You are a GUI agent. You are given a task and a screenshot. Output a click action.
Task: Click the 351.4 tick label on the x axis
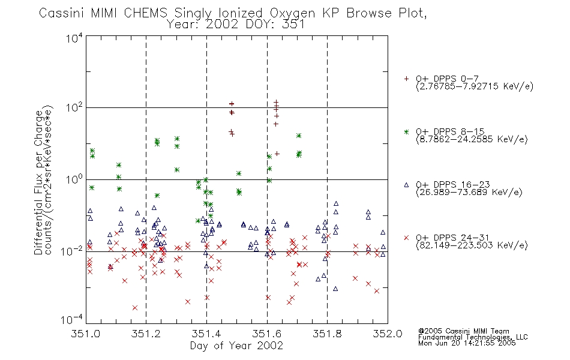[206, 334]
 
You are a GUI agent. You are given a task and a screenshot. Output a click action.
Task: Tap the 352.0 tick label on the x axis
[388, 334]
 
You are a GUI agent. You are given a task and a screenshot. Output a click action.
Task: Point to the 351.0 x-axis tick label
[85, 334]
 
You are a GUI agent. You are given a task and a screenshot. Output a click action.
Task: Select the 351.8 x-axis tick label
[327, 334]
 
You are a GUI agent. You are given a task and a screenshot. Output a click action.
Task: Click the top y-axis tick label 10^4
[74, 38]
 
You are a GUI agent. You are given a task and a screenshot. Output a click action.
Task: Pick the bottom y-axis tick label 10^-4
[72, 319]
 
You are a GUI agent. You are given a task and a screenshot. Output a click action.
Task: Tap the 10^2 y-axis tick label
[74, 107]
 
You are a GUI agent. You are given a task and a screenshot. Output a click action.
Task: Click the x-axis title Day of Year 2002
[236, 346]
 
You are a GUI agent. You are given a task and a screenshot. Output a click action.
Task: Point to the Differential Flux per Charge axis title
[38, 182]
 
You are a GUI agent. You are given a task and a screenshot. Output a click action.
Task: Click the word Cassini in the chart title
[62, 13]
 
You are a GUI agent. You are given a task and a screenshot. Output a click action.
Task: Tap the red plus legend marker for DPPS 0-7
[406, 79]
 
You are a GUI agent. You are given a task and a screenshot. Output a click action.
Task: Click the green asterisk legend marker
[406, 131]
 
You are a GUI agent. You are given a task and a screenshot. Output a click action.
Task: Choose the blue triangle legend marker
[406, 185]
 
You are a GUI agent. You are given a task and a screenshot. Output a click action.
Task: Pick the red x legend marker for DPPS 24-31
[406, 238]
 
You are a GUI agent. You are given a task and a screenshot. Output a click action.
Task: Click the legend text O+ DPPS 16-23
[453, 184]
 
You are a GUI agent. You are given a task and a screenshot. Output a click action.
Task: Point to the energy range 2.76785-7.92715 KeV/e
[475, 86]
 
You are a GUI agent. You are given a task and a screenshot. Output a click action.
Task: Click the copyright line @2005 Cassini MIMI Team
[463, 331]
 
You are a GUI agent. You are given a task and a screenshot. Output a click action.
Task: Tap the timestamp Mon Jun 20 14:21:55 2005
[467, 343]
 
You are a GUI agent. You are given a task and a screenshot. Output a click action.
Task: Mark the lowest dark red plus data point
[277, 154]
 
